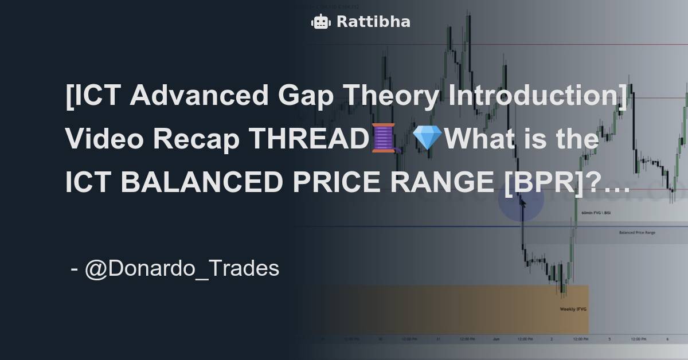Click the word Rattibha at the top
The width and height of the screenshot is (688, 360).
373,22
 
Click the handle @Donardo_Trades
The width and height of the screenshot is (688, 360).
182,268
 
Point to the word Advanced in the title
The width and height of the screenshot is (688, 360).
199,95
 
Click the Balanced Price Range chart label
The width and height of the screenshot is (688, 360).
637,233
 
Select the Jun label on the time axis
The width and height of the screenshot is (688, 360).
497,339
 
